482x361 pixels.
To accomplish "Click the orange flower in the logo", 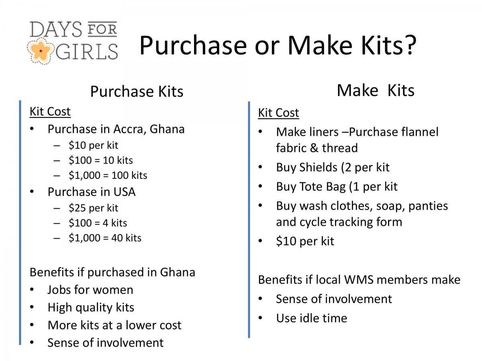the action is coord(41,51).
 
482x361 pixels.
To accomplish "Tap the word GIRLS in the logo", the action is coord(87,52).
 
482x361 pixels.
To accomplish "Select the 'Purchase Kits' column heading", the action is coord(137,91).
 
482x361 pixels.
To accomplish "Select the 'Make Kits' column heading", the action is coord(376,90).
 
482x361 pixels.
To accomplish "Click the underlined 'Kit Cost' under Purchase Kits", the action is coord(50,112).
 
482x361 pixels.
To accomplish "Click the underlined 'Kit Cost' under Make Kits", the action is coord(278,113).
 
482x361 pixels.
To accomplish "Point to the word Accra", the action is coord(130,129).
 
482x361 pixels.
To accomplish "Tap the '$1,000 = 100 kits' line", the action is coord(108,176).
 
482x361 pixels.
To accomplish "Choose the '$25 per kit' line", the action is coord(93,208).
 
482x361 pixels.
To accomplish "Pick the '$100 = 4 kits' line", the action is coord(98,223).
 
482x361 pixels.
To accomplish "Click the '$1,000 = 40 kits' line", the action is coord(105,238).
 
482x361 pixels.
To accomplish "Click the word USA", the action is coord(125,192).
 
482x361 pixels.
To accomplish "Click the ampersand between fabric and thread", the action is coord(314,148).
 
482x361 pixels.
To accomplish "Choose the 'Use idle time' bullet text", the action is coord(312,318).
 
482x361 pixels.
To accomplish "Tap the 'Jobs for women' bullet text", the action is coord(90,290).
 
